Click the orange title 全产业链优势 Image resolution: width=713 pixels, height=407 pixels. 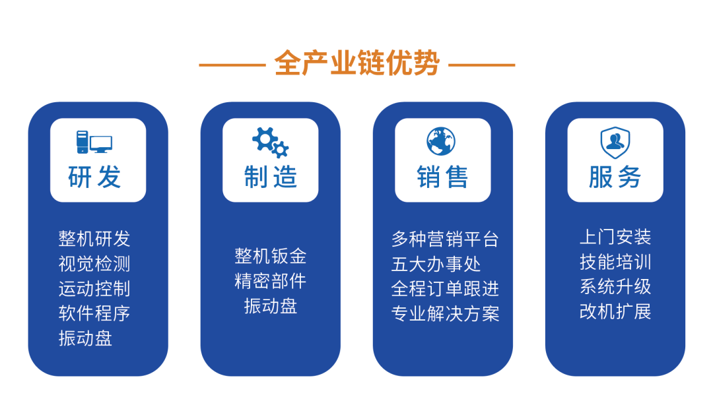pos(356,65)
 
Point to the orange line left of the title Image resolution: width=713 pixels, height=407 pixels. pos(232,65)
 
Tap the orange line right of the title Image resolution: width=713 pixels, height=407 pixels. pos(481,65)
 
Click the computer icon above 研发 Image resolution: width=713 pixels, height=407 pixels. pos(94,142)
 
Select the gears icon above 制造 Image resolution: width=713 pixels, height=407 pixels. pos(270,142)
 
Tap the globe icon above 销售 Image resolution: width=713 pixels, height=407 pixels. pos(441,141)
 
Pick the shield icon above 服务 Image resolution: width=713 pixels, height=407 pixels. pos(615,141)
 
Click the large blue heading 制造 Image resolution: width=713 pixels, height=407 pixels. pos(271,177)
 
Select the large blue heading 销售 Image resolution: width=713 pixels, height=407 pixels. pos(442,177)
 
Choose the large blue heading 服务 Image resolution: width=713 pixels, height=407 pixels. pos(615,177)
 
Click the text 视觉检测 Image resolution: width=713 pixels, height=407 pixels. pos(94,264)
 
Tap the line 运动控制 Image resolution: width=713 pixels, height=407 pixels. pos(94,288)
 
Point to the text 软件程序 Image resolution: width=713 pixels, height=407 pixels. pos(94,313)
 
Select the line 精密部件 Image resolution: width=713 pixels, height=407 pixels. pos(270,281)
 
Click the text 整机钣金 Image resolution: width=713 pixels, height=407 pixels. pos(270,256)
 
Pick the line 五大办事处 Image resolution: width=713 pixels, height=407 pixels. pos(436,264)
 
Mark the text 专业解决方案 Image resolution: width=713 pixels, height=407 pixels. pos(445,313)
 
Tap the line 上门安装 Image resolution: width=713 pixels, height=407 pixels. pos(615,237)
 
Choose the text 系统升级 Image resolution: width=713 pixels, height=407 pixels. pos(615,287)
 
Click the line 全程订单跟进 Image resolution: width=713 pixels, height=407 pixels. pos(445,288)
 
